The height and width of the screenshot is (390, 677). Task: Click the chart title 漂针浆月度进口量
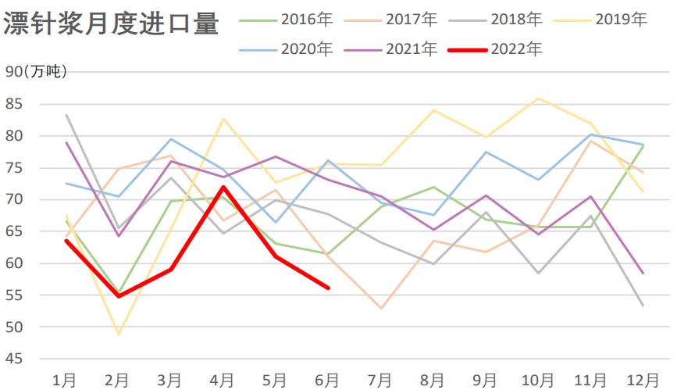coord(110,23)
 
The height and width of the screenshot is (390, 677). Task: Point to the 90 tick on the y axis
coord(14,72)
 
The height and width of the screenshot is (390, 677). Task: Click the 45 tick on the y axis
coord(14,359)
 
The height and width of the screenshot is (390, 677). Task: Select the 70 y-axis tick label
coord(14,199)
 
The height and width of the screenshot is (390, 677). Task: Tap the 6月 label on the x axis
coord(328,380)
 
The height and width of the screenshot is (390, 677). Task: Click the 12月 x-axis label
coord(642,380)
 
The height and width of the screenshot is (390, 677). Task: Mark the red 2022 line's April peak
coord(223,187)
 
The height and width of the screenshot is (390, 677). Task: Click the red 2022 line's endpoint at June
coord(328,288)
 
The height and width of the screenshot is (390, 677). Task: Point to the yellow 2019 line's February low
coord(119,334)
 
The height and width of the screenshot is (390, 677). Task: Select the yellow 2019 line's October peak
coord(538,98)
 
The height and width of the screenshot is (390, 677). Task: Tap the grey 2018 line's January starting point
coord(66,115)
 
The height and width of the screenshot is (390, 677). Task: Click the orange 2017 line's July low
coord(380,308)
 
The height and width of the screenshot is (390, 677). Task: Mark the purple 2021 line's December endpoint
coord(643,273)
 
